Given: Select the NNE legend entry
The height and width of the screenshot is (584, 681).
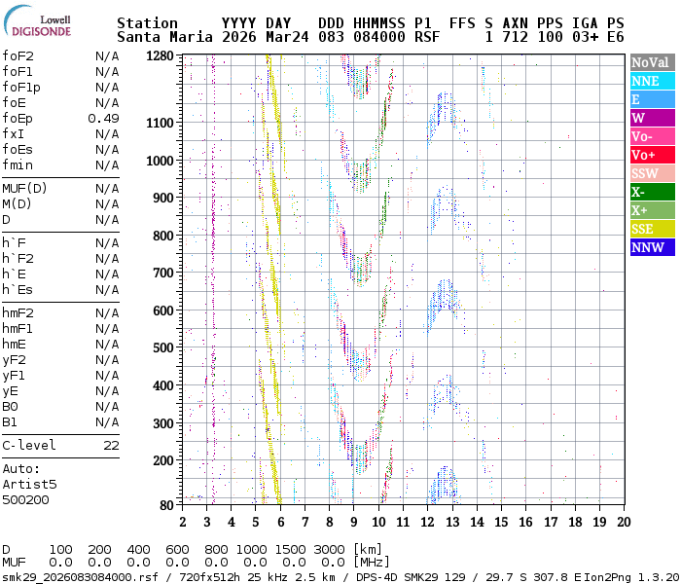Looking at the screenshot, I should (652, 81).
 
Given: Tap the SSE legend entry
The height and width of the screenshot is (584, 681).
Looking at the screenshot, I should (652, 229).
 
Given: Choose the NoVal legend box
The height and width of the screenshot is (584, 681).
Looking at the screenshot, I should (652, 62).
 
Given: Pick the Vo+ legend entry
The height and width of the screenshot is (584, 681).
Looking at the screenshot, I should (652, 155).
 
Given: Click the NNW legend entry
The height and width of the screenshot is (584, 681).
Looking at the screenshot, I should (652, 247).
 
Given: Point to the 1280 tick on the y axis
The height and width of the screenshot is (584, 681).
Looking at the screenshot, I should (161, 56).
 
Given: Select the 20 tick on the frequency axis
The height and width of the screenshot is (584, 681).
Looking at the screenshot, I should (623, 522).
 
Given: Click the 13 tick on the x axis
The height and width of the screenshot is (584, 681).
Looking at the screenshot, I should (452, 522).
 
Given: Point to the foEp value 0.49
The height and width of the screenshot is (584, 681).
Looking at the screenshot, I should (103, 118).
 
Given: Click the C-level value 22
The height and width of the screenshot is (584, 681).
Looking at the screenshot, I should (111, 445).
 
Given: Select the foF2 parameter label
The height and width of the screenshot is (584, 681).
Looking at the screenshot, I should (19, 55).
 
